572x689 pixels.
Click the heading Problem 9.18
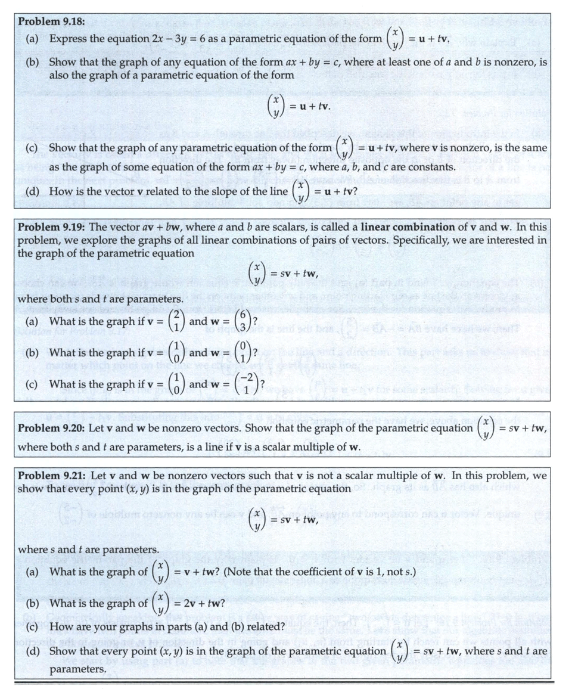(x=51, y=21)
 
